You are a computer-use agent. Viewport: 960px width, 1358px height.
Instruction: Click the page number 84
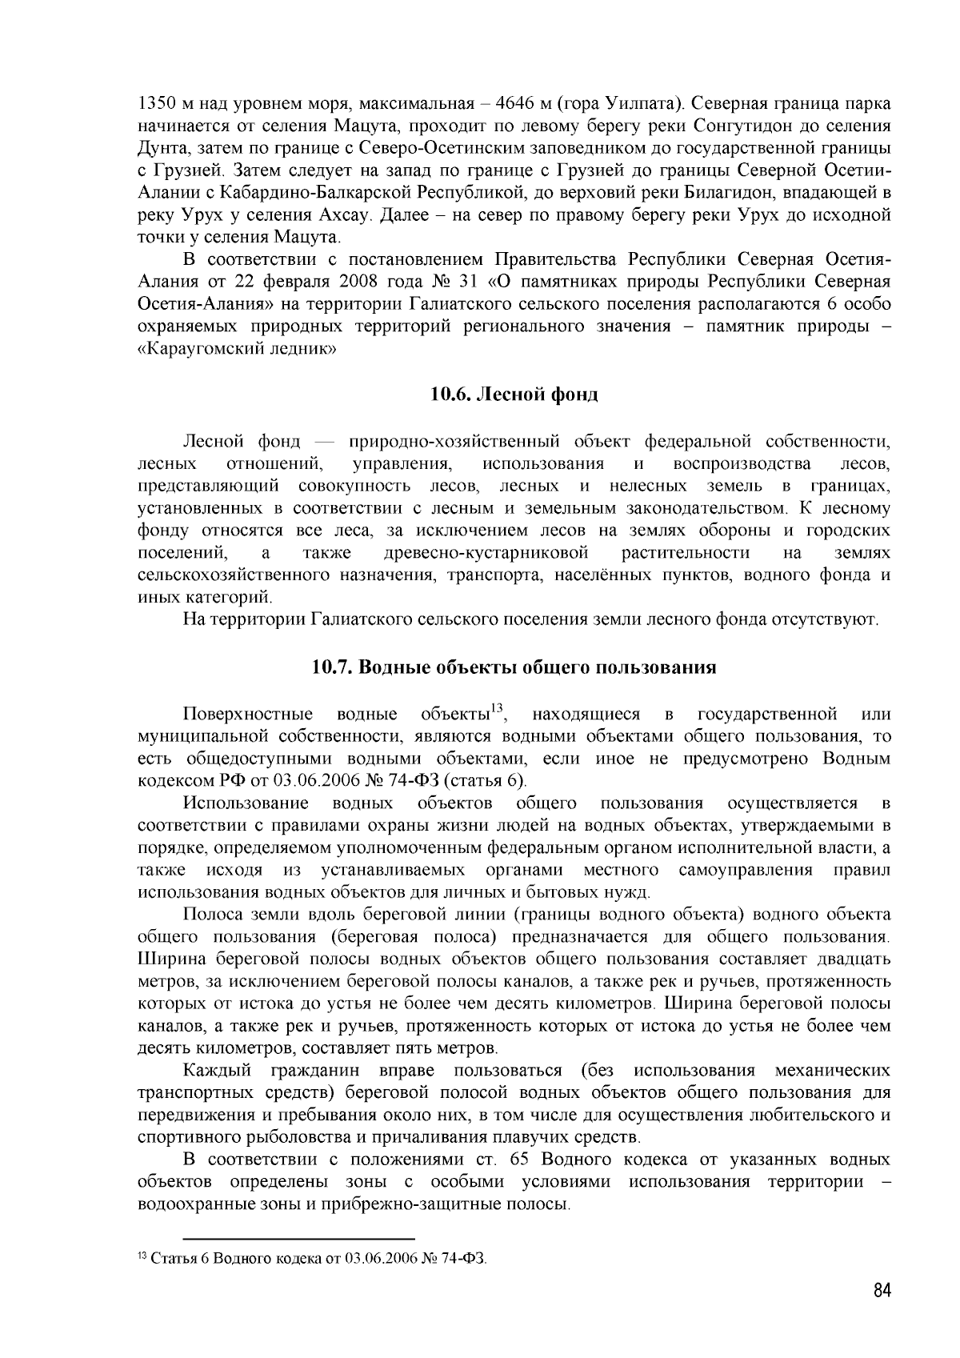click(x=882, y=1291)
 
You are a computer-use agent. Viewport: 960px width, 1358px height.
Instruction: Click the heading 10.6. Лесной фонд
click(x=514, y=395)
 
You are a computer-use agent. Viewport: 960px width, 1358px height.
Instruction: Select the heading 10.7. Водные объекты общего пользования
click(x=514, y=667)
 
